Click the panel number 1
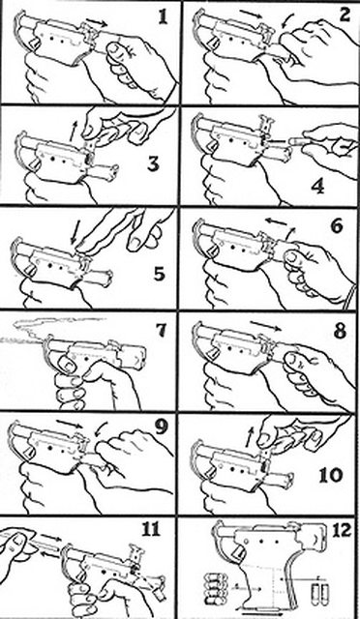(163, 17)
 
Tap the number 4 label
(318, 186)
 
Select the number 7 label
(161, 331)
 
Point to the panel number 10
(331, 475)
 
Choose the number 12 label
(341, 531)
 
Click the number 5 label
(160, 274)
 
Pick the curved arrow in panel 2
(287, 20)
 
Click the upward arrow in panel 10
(248, 437)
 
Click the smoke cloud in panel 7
(55, 327)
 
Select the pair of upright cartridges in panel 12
(318, 592)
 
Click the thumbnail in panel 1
(115, 48)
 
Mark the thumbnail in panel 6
(293, 257)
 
